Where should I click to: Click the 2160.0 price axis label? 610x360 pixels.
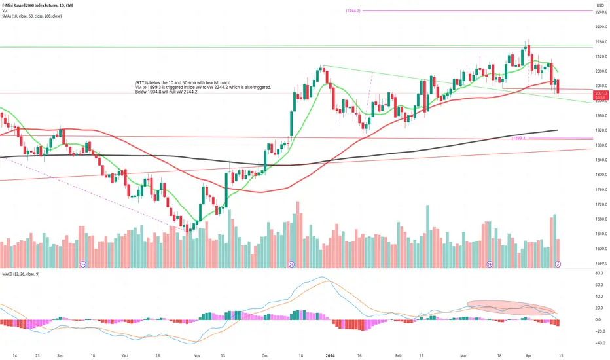tap(601, 41)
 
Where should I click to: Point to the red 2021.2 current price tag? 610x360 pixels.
tap(601, 96)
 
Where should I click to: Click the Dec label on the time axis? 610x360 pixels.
tap(266, 354)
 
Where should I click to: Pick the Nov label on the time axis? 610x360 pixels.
tap(197, 354)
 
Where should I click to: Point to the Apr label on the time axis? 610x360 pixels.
tap(523, 354)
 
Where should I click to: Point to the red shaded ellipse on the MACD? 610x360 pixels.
tap(511, 308)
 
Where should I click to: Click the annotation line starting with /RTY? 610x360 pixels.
tap(183, 82)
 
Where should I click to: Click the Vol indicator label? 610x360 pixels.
tap(4, 10)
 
